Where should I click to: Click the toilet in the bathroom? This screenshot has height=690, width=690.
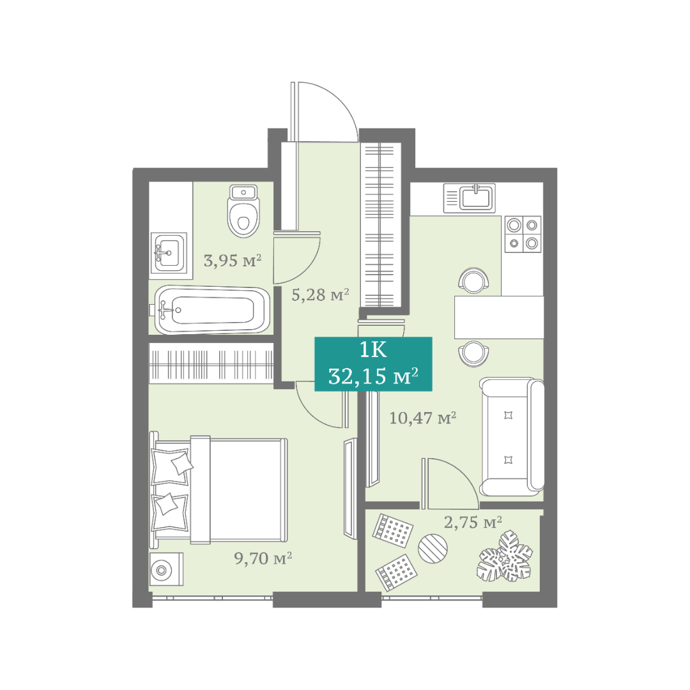point(243,211)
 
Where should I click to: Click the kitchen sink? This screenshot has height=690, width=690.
point(470,198)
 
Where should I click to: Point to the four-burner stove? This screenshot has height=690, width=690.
point(523,234)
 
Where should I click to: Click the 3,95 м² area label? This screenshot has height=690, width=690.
point(233,261)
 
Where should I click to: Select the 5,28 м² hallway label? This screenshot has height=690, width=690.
point(320,295)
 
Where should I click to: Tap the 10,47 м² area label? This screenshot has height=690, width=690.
point(422,418)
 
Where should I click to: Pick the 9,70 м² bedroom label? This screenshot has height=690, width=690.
point(263,558)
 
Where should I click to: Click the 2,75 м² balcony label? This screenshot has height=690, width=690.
point(473,523)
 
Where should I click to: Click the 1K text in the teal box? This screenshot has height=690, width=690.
point(373,350)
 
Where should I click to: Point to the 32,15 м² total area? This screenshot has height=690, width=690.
point(373,376)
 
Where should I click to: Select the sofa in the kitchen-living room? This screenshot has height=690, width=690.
point(512,436)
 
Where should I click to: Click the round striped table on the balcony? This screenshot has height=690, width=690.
point(433,548)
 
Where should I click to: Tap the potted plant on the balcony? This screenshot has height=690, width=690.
point(505,556)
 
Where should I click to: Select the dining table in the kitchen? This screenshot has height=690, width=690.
point(499,318)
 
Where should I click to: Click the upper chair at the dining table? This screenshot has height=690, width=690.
point(473,280)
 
